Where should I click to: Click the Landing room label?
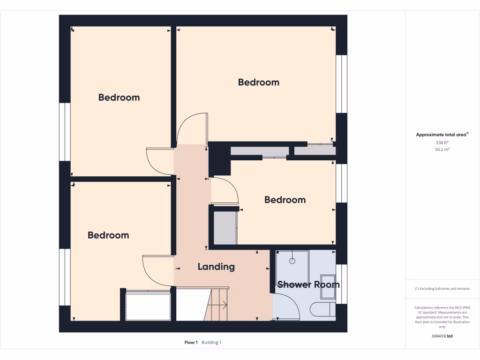point(216,267)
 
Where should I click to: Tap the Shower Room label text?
point(308,284)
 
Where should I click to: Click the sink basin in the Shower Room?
point(327,286)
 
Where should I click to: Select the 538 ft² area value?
point(442,142)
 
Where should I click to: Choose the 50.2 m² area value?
point(442,150)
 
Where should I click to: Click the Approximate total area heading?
point(442,135)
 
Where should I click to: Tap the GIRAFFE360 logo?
point(442,336)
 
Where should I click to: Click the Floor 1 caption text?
point(191,343)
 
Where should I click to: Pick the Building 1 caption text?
point(211,343)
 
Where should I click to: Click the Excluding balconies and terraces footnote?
point(442,289)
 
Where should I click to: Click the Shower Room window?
point(342,284)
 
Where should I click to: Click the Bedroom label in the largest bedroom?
point(258,82)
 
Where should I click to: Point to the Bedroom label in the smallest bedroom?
point(285,200)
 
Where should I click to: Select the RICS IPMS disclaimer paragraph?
point(442,317)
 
